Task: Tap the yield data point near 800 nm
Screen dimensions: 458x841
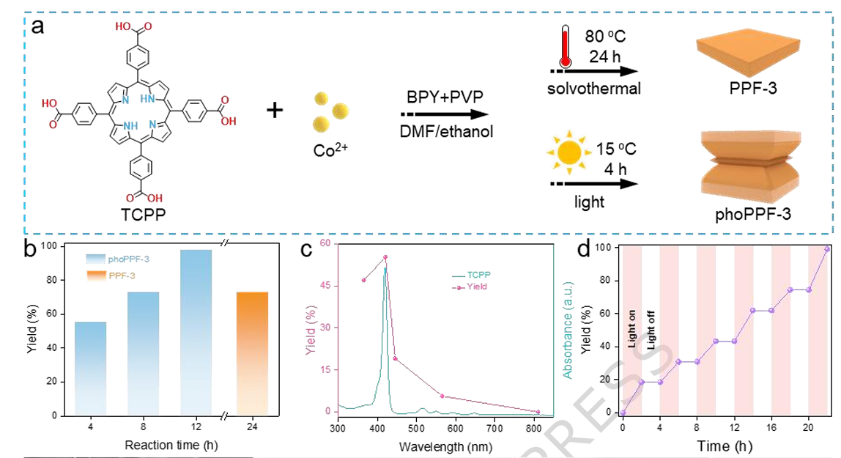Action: tap(538, 412)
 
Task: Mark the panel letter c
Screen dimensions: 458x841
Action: tap(308, 248)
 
